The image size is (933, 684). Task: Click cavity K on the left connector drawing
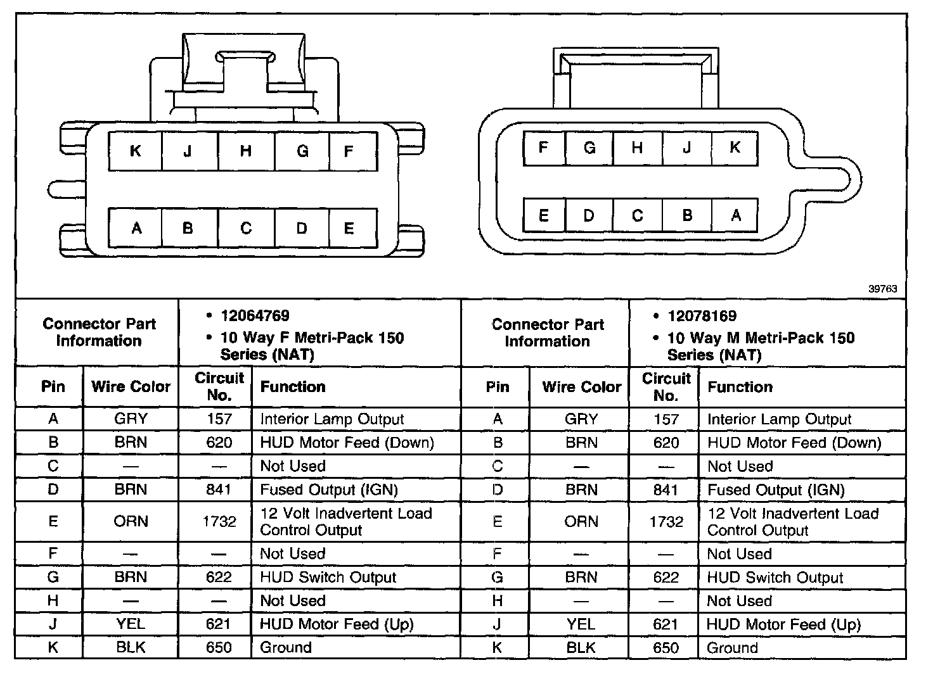pyautogui.click(x=135, y=151)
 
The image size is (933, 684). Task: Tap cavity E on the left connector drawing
pyautogui.click(x=349, y=228)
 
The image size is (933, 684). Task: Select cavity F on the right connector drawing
pyautogui.click(x=543, y=148)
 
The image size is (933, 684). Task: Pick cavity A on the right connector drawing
pyautogui.click(x=735, y=215)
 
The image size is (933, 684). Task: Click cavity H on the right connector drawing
pyautogui.click(x=637, y=148)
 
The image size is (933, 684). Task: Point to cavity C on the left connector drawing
pyautogui.click(x=246, y=228)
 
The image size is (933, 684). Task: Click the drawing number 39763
pyautogui.click(x=882, y=289)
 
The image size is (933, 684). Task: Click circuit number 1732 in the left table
pyautogui.click(x=219, y=522)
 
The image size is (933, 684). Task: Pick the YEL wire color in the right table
pyautogui.click(x=581, y=624)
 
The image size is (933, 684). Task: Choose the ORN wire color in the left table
pyautogui.click(x=131, y=522)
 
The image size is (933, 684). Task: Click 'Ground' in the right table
pyautogui.click(x=732, y=648)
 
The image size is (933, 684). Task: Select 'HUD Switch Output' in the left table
pyautogui.click(x=328, y=578)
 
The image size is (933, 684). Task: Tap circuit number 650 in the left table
pyautogui.click(x=219, y=648)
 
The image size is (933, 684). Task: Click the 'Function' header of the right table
pyautogui.click(x=740, y=387)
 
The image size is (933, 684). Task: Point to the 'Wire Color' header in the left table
pyautogui.click(x=131, y=387)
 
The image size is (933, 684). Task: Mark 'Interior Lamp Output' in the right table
pyautogui.click(x=779, y=419)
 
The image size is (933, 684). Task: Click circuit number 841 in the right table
pyautogui.click(x=666, y=490)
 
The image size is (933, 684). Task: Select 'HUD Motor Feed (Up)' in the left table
pyautogui.click(x=337, y=624)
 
